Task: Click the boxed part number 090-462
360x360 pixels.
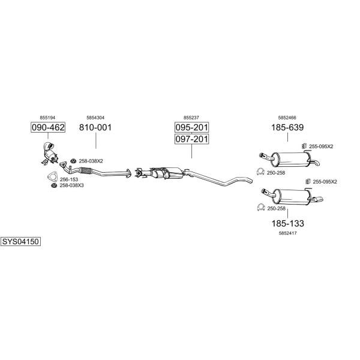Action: pos(48,127)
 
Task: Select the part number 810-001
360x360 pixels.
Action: pos(95,127)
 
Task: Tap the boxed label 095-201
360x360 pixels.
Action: pos(192,127)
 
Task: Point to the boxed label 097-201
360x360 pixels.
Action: pos(192,139)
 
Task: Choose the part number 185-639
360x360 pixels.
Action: pos(287,127)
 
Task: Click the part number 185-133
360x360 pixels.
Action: pos(287,223)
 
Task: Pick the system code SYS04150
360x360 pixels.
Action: pos(20,242)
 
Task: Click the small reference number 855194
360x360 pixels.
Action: pos(47,118)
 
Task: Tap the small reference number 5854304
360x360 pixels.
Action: pos(95,118)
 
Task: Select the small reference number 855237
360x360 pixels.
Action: pos(191,118)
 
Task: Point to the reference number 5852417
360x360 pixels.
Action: pos(287,233)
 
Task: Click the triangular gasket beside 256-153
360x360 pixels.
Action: pos(52,176)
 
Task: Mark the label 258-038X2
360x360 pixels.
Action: pos(91,161)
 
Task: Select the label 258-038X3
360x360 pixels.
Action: pos(71,185)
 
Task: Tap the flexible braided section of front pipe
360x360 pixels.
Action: pos(85,170)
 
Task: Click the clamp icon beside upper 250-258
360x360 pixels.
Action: pos(260,172)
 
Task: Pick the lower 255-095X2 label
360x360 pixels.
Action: pos(325,182)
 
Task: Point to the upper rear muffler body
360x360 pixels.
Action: pos(290,159)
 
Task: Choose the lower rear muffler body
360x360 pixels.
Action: pos(291,197)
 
